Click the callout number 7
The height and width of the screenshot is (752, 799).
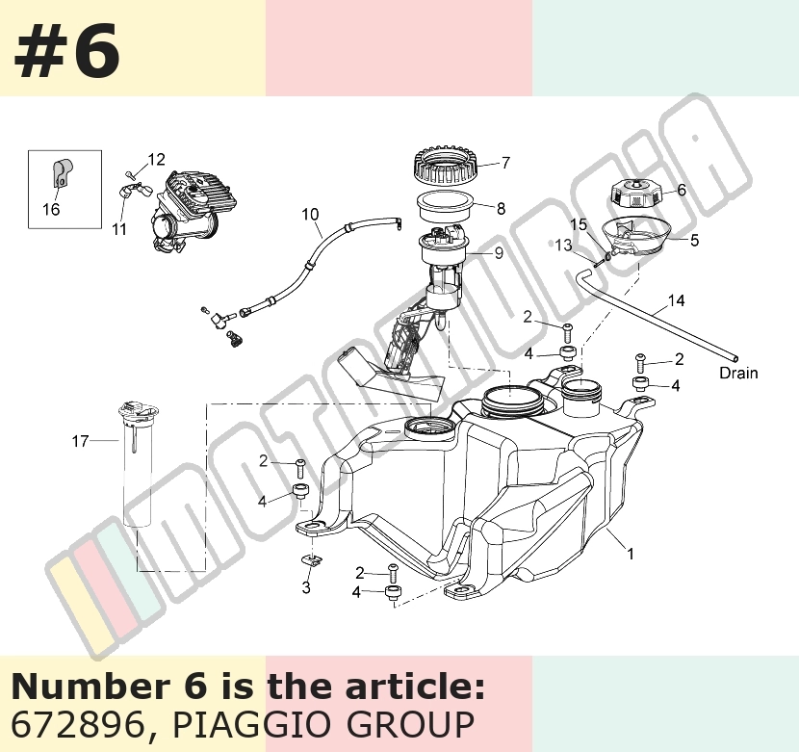(x=505, y=163)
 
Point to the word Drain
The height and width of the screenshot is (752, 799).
(x=738, y=374)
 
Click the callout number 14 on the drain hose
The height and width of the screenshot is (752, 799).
(x=676, y=300)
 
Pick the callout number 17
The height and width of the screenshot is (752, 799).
(x=80, y=441)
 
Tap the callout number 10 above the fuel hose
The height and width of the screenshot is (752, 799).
(x=310, y=214)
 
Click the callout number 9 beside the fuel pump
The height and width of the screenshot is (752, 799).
(x=499, y=253)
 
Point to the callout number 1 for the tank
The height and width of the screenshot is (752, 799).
(x=631, y=553)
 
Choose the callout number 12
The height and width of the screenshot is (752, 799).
(x=157, y=160)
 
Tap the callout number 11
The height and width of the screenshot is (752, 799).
(x=119, y=229)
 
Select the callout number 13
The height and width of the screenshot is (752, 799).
(x=563, y=246)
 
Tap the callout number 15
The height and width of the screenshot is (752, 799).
(x=579, y=225)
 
